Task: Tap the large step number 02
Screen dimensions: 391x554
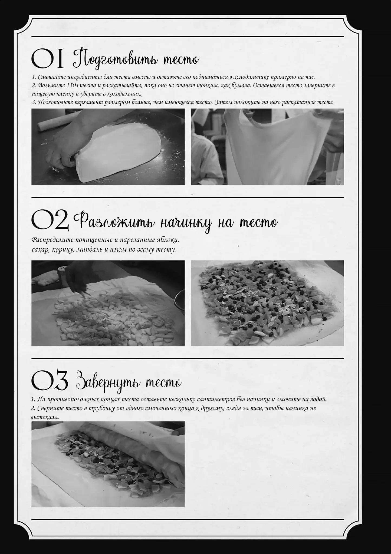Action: pos(50,220)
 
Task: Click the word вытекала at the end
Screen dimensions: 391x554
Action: pos(45,417)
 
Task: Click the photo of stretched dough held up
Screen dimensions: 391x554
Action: pos(267,147)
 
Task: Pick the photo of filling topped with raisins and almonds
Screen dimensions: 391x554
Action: pos(267,303)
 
